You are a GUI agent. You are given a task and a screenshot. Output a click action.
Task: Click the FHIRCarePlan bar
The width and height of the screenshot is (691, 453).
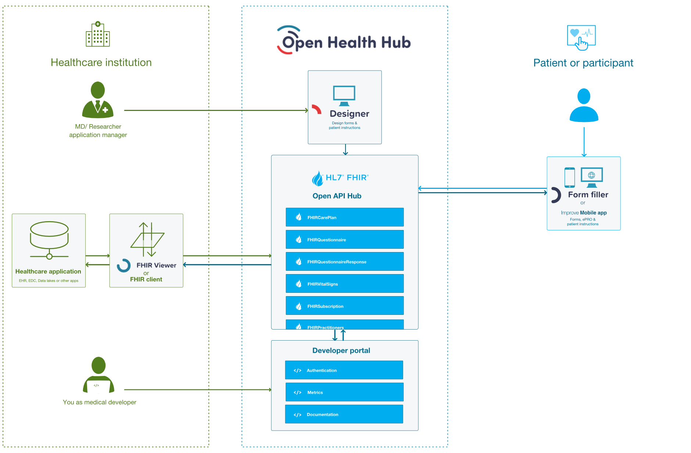[344, 217]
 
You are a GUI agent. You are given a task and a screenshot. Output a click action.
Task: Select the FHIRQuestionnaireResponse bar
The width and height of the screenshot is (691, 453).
[344, 262]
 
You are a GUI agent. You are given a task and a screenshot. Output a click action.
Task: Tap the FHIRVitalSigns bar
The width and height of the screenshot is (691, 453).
[344, 284]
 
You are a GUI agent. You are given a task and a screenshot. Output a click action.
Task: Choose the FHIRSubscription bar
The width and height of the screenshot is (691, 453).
[344, 306]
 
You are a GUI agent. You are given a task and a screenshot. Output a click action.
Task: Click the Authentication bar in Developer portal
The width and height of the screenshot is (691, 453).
[344, 370]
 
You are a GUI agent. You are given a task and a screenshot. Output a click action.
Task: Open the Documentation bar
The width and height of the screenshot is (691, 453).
[344, 414]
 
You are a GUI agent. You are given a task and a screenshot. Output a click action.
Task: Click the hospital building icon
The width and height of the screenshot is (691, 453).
[98, 34]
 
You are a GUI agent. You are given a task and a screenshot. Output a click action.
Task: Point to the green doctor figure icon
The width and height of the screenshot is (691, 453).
[98, 100]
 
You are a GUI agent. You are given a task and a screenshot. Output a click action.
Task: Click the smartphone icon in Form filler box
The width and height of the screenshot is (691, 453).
[570, 177]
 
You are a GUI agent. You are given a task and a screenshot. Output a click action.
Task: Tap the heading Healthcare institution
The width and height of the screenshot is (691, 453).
[101, 62]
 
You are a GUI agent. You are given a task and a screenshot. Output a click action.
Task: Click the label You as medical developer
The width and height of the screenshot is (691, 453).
[99, 402]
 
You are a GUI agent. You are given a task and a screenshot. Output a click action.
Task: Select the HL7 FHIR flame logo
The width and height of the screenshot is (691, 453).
[318, 179]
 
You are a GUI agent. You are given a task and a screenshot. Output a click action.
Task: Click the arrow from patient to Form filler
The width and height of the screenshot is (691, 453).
[584, 142]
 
